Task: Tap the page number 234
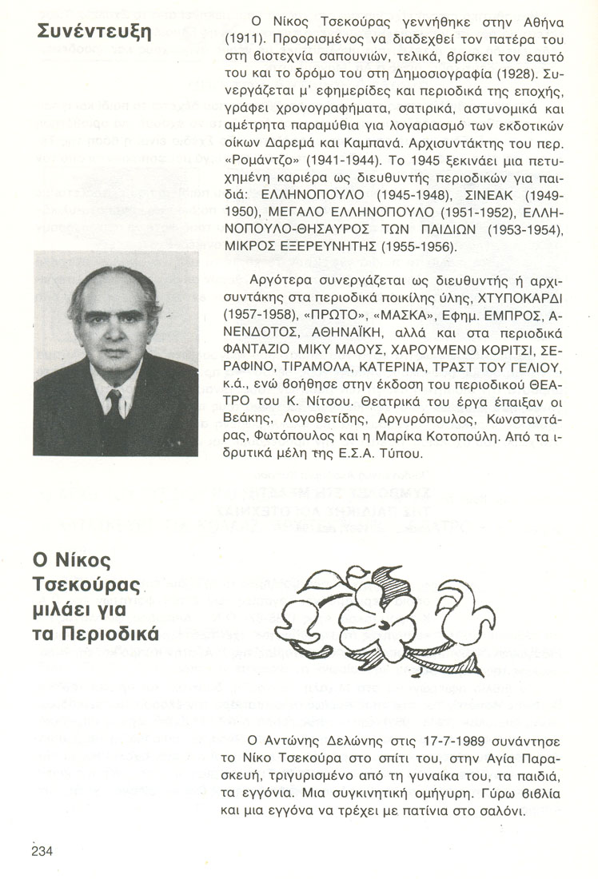[42, 851]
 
